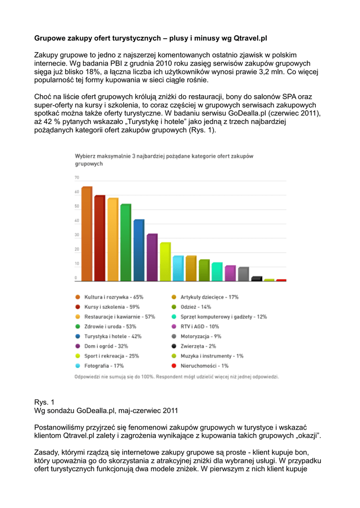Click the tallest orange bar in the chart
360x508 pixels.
click(x=87, y=234)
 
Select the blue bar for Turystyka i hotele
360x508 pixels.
click(x=139, y=250)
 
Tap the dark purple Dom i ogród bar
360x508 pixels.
click(x=152, y=257)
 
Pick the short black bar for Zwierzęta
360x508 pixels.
click(x=256, y=278)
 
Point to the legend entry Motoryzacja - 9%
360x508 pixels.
click(x=201, y=336)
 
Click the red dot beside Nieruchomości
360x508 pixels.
click(x=173, y=366)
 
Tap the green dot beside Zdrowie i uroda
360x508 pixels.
click(x=78, y=326)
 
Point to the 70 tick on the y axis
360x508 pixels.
click(x=77, y=177)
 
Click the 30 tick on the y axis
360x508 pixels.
click(x=77, y=235)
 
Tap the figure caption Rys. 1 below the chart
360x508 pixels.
click(x=43, y=401)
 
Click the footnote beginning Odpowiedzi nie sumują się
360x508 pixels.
click(x=176, y=377)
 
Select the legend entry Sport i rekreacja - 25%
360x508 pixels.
click(x=112, y=356)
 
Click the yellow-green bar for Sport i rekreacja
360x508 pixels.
click(x=165, y=261)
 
